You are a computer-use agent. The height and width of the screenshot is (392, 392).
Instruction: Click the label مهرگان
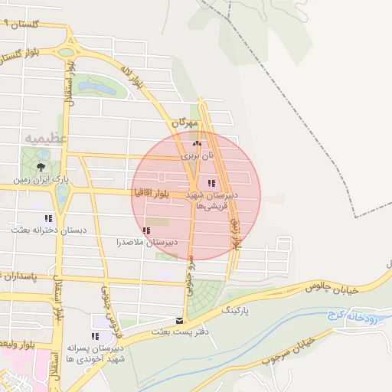pyautogui.click(x=185, y=122)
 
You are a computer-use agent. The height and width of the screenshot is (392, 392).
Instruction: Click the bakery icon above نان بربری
pyautogui.click(x=197, y=143)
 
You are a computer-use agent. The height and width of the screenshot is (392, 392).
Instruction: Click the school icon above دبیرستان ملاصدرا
pyautogui.click(x=146, y=230)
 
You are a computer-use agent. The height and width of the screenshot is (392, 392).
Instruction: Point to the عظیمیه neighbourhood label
pyautogui.click(x=47, y=139)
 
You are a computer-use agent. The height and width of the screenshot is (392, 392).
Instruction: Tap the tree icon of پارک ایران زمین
pyautogui.click(x=41, y=166)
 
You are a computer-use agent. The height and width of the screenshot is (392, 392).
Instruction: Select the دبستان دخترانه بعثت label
pyautogui.click(x=49, y=229)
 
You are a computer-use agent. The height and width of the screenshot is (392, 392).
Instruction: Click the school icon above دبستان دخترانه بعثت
pyautogui.click(x=49, y=218)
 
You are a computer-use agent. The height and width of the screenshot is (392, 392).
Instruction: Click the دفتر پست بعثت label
pyautogui.click(x=180, y=332)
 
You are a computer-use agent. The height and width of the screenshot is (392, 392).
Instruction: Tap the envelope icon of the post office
pyautogui.click(x=179, y=321)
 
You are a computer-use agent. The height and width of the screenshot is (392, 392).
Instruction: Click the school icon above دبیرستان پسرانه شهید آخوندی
pyautogui.click(x=95, y=336)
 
